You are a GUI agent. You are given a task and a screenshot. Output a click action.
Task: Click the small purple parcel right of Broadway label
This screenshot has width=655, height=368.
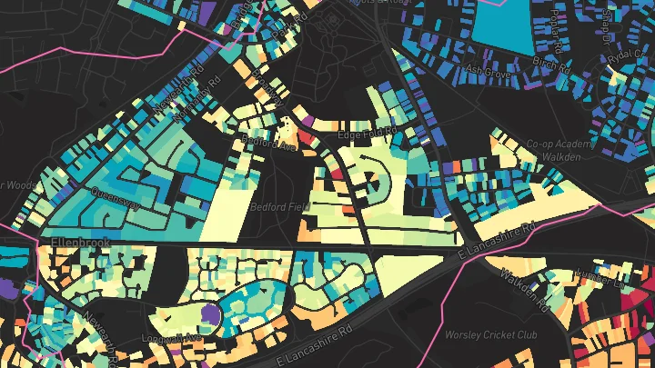point(307,121)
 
